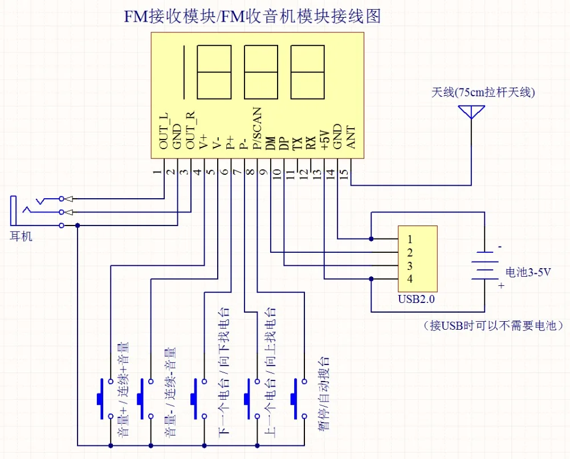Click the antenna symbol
(x=471, y=111)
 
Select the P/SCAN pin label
(x=257, y=129)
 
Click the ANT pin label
(x=351, y=137)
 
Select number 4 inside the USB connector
(x=409, y=278)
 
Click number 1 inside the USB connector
(x=409, y=238)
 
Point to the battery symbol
(x=485, y=265)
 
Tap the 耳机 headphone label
(x=22, y=236)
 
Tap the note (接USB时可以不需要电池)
(x=494, y=326)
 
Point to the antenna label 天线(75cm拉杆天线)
(x=483, y=92)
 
